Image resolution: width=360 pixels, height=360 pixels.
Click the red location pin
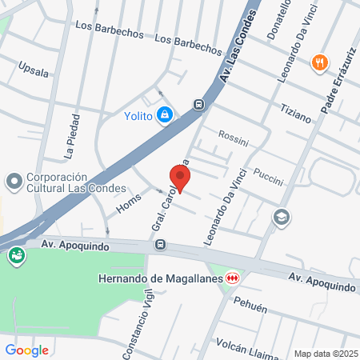pos(182,178)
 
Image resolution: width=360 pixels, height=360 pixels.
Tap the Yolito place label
pos(138,115)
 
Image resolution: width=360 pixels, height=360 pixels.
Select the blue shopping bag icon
pos(164,115)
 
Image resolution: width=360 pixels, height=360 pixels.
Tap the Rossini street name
pos(234,138)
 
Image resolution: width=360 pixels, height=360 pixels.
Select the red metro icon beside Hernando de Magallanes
pos(233,277)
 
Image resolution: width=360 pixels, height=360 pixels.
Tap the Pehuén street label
pos(250,306)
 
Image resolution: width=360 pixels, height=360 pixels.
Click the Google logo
pos(26,350)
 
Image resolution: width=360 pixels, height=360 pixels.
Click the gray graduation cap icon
pos(281,216)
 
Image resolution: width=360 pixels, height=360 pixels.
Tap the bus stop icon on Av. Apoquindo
pos(162,244)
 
